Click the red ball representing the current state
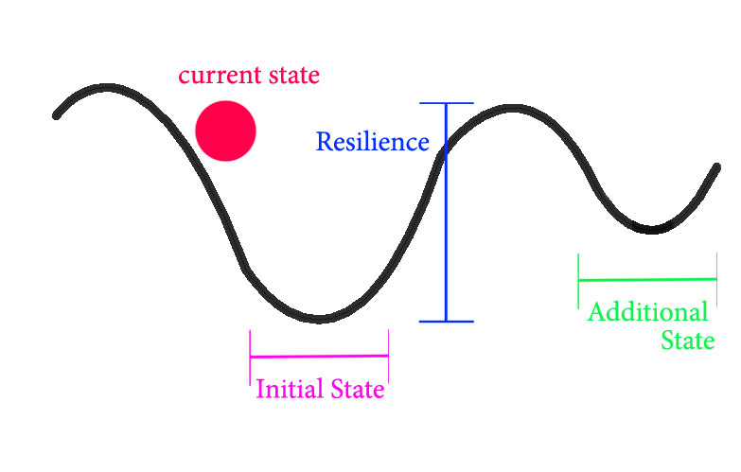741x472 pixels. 226,131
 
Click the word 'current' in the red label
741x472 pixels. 214,74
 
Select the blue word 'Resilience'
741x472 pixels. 372,142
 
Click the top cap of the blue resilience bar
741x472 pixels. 446,103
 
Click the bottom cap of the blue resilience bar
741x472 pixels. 446,322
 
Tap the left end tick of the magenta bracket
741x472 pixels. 251,356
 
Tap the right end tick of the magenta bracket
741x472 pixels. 388,356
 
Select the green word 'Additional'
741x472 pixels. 647,312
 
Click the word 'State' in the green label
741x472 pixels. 688,341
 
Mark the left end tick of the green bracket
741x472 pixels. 579,280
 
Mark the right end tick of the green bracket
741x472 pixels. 716,279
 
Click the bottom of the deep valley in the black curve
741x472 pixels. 319,318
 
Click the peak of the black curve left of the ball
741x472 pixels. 106,88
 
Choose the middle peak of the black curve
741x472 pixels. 514,109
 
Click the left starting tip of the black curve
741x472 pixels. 57,115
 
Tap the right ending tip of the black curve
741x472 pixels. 717,167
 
